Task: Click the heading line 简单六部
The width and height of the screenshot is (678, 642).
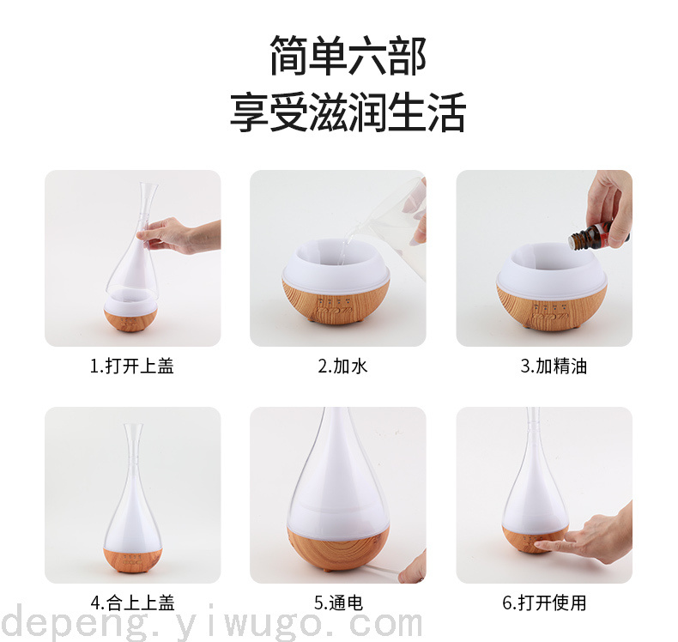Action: click(x=348, y=55)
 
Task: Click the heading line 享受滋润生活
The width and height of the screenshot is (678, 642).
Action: click(x=348, y=112)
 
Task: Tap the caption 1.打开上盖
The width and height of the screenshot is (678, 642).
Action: click(x=132, y=366)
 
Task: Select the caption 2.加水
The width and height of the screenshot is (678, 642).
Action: click(x=342, y=366)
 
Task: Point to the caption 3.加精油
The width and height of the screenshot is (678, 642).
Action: click(x=554, y=366)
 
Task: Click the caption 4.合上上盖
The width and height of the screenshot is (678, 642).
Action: click(x=133, y=603)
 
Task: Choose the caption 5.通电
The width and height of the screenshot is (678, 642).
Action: click(x=338, y=603)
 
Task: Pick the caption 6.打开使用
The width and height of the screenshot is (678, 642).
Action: click(x=544, y=603)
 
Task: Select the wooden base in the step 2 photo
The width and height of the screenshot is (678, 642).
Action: click(x=336, y=304)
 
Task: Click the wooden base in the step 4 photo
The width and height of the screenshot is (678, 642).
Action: click(x=133, y=560)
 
